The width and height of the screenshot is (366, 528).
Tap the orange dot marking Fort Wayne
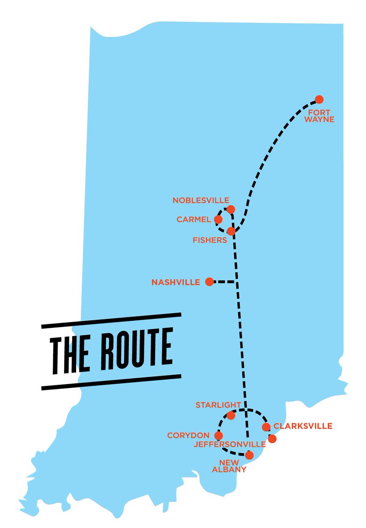(x=319, y=99)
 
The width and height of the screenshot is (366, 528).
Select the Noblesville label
(x=200, y=200)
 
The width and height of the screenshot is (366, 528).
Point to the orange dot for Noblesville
(x=231, y=209)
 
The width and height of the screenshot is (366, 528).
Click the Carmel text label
(x=194, y=219)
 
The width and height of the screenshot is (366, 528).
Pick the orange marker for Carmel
(x=218, y=219)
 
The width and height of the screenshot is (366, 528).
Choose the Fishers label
(x=210, y=240)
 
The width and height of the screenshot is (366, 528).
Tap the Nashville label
(x=176, y=282)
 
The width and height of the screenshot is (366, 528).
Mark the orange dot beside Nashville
(x=210, y=282)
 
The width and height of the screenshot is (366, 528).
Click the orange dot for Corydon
(x=218, y=436)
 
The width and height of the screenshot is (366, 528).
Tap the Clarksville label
(x=303, y=426)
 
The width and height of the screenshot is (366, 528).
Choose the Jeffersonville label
(x=230, y=444)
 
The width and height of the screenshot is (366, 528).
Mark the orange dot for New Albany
(x=249, y=455)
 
